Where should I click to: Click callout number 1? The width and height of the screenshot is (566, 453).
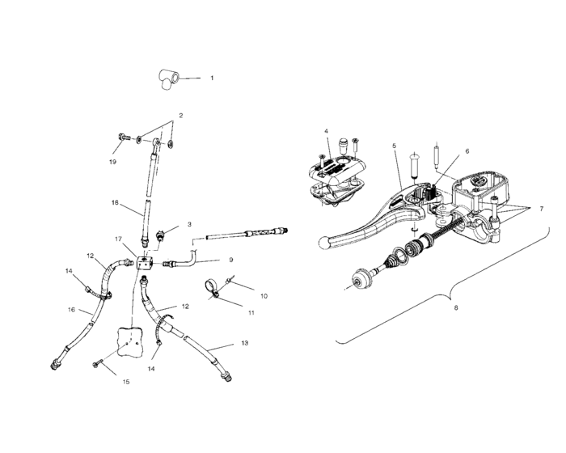point(212,78)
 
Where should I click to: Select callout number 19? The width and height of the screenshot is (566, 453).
point(112,162)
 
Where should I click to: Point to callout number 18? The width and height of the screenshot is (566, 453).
point(115,203)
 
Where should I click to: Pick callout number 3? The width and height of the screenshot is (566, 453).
point(189,224)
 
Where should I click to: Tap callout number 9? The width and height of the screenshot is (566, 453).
point(230,260)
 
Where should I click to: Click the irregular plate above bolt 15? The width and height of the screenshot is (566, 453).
point(129,340)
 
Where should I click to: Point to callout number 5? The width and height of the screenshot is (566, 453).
point(394,146)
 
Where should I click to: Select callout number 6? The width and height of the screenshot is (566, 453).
point(466,150)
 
